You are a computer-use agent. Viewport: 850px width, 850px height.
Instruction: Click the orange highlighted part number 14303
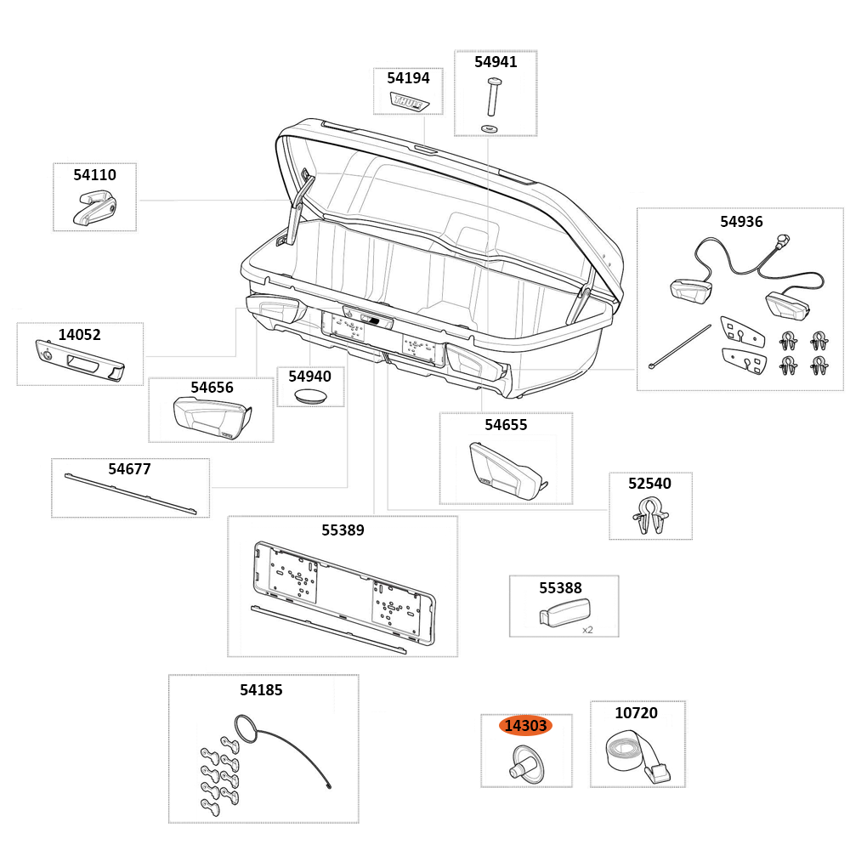[525, 726]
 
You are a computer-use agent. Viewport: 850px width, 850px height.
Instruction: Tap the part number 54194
[408, 78]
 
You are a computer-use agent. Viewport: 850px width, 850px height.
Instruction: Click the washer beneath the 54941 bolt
[490, 127]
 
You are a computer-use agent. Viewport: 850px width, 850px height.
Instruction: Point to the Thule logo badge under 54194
[410, 102]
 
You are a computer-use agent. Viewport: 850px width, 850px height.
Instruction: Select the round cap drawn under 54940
[310, 396]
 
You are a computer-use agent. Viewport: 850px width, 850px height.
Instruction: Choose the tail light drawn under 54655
[506, 472]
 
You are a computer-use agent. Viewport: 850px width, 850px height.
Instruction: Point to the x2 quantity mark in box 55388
[587, 630]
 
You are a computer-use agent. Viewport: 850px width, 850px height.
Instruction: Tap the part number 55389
[343, 530]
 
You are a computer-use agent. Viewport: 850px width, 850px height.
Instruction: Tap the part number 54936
[741, 222]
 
